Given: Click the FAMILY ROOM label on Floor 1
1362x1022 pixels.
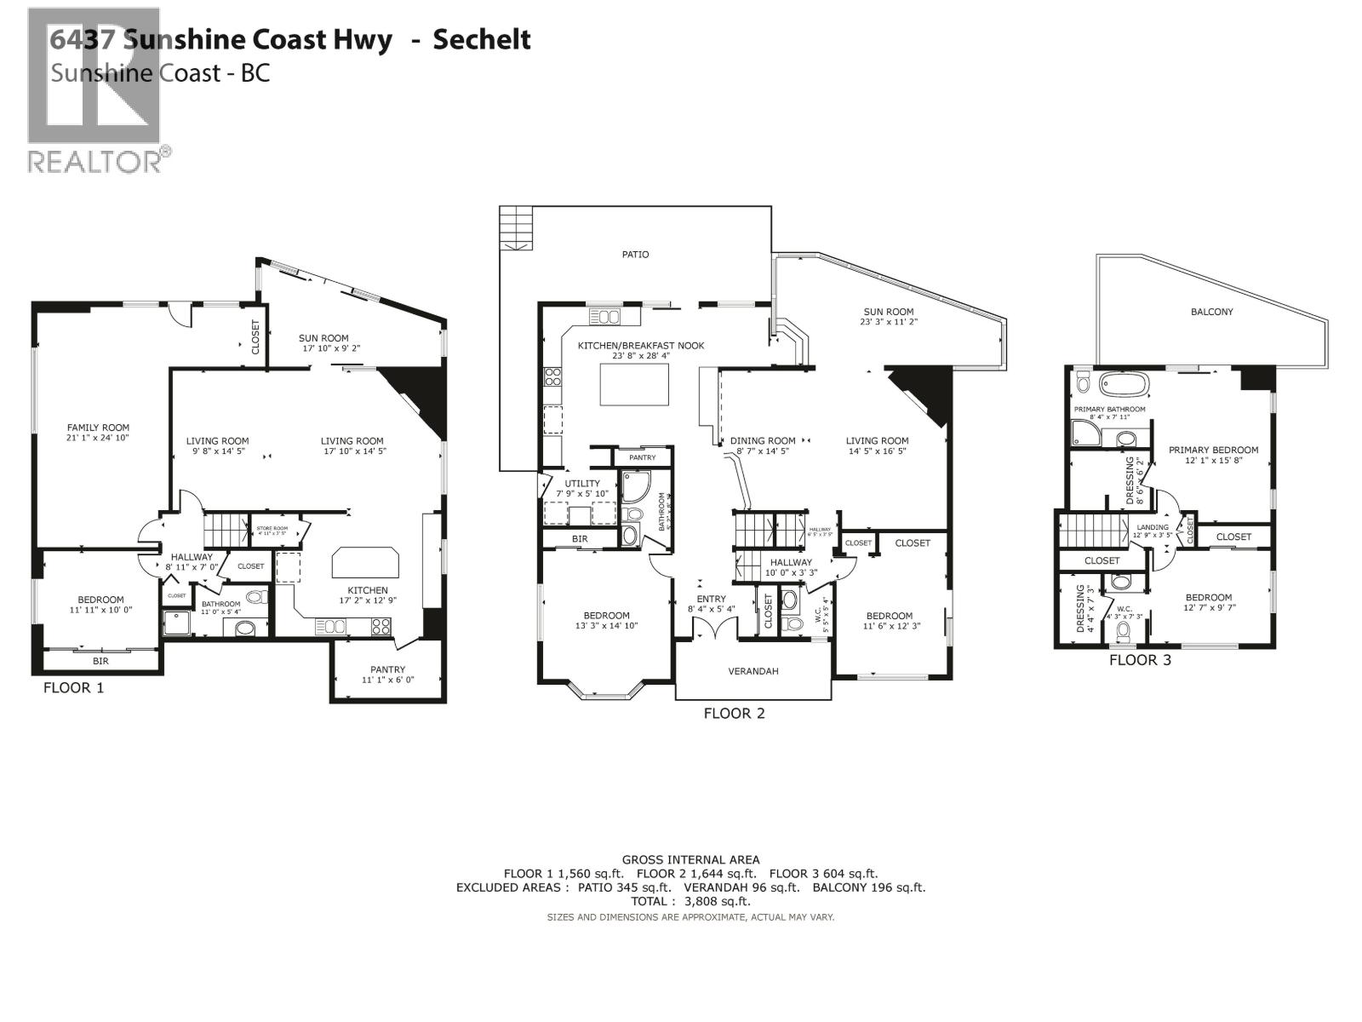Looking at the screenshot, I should coord(98,428).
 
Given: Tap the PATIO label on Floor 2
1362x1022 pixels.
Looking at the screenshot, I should coord(635,254).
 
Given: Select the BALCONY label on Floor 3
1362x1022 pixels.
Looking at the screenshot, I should coord(1211,312).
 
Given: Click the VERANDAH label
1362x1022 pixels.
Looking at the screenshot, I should coord(753,671).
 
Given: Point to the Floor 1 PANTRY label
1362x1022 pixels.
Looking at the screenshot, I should coord(387,669).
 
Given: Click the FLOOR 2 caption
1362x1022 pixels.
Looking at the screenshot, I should coord(734,714).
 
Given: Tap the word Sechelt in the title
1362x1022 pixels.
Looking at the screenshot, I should coord(482,39).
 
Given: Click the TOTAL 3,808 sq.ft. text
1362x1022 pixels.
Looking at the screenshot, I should coord(690,901).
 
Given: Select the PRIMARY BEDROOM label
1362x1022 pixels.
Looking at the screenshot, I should coord(1213,450).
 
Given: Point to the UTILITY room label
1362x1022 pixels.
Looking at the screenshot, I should coord(582,483).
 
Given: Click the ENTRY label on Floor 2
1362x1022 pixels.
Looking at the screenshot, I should coord(712,599).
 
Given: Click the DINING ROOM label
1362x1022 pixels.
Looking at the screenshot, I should coord(763,441).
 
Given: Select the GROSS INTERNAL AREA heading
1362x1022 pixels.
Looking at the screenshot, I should coord(690,859).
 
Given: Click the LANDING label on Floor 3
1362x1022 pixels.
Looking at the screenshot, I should coord(1153,527).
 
